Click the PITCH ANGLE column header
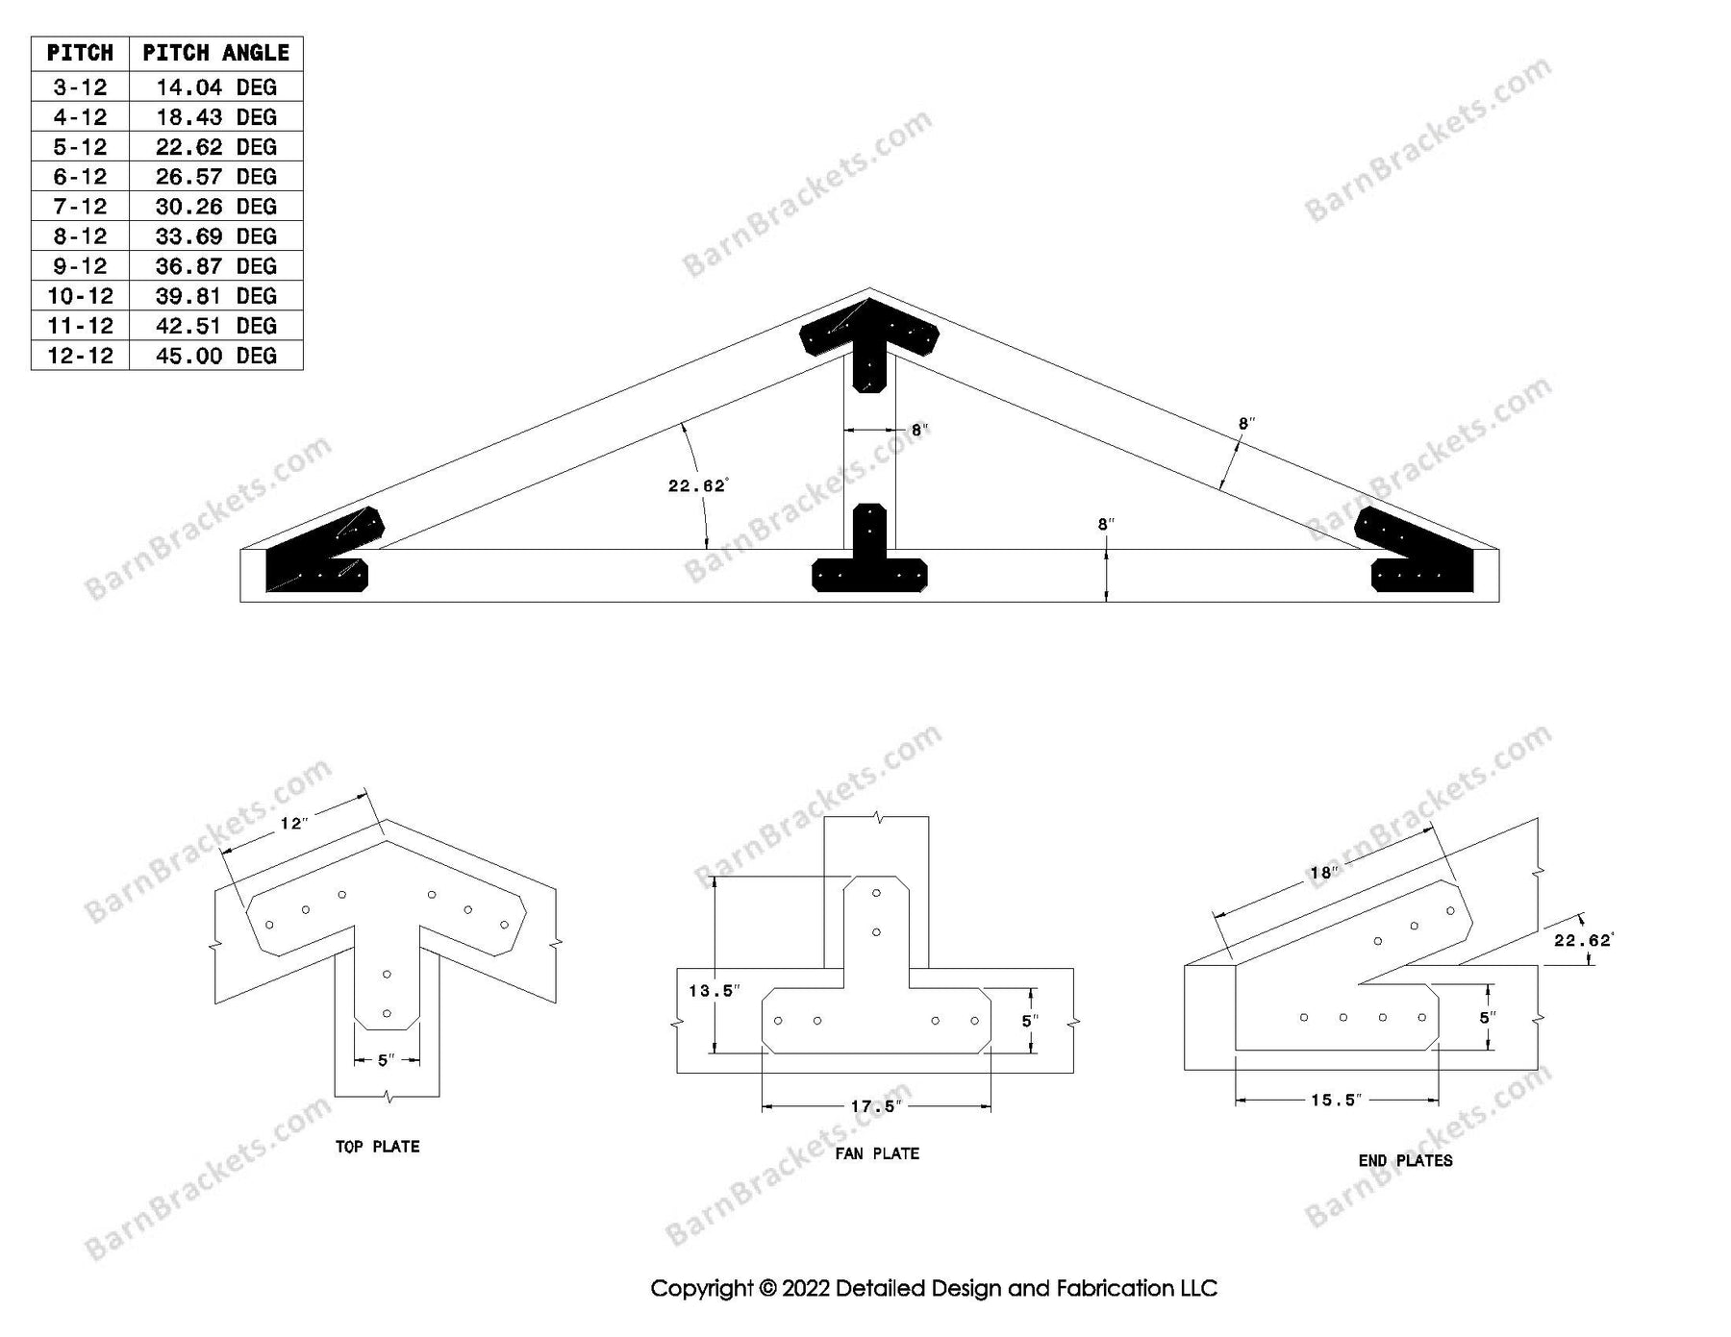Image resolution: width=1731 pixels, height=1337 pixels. (215, 53)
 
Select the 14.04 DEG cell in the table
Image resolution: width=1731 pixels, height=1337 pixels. (215, 87)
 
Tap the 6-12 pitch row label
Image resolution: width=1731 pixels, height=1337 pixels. (80, 177)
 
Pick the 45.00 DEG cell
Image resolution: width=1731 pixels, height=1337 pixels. (215, 356)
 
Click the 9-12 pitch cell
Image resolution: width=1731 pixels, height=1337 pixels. (80, 266)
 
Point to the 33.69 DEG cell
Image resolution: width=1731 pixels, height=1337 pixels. (215, 236)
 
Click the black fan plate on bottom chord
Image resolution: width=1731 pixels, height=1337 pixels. (869, 567)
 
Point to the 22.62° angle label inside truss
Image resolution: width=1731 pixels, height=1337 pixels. (697, 486)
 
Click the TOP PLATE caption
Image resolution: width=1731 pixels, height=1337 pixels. (377, 1147)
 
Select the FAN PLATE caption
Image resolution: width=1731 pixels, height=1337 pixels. (877, 1153)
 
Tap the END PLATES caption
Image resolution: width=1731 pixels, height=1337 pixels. (1405, 1161)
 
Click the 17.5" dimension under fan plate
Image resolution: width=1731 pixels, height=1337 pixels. (874, 1107)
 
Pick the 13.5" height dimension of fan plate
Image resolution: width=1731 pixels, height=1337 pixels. (714, 991)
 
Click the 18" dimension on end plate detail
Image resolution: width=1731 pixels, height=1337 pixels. (1323, 873)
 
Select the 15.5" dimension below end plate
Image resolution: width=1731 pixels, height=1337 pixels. (1336, 1101)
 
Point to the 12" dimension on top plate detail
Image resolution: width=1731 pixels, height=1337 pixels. (293, 824)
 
